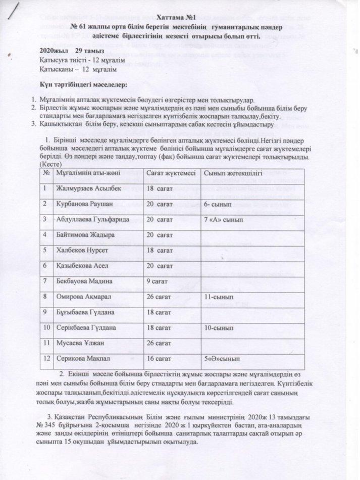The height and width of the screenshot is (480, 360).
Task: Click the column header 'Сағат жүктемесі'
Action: (x=171, y=173)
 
